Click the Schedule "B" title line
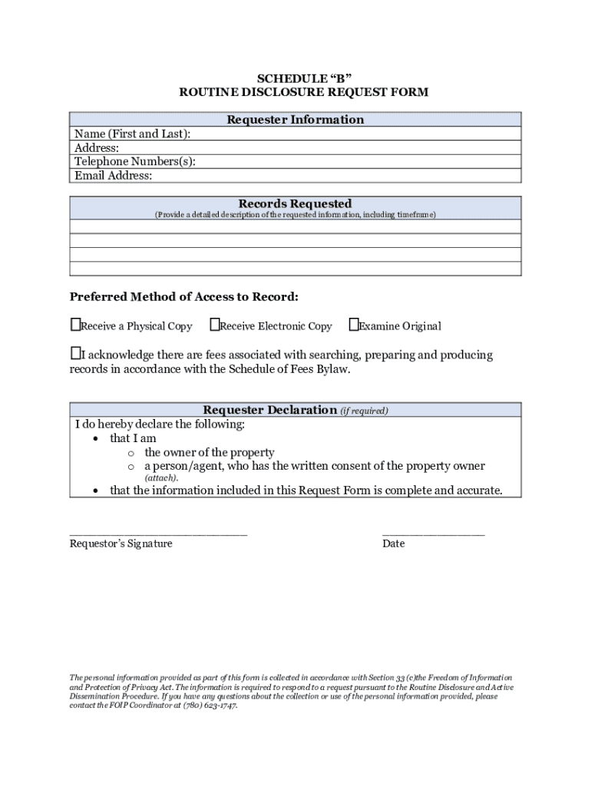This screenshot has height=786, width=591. pyautogui.click(x=295, y=78)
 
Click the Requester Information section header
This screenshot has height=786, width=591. pyautogui.click(x=295, y=120)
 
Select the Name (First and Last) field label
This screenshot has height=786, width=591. pyautogui.click(x=132, y=134)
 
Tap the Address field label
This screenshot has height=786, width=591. pyautogui.click(x=97, y=148)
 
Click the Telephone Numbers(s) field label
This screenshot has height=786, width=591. pyautogui.click(x=134, y=162)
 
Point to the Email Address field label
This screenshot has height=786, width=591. pyautogui.click(x=113, y=176)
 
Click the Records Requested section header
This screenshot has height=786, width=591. pyautogui.click(x=295, y=203)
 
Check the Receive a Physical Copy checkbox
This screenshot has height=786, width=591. pyautogui.click(x=75, y=325)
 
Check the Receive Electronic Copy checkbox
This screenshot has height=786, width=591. pyautogui.click(x=214, y=325)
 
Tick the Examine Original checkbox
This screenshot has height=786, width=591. pyautogui.click(x=353, y=325)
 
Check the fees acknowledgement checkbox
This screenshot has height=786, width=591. pyautogui.click(x=75, y=354)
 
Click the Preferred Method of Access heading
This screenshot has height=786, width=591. pyautogui.click(x=184, y=297)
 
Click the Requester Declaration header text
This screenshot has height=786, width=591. pyautogui.click(x=269, y=410)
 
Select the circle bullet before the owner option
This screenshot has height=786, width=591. pyautogui.click(x=131, y=453)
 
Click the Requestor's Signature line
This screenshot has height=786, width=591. pyautogui.click(x=158, y=532)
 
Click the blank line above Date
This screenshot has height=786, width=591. pyautogui.click(x=433, y=532)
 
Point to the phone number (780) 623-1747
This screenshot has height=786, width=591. pyautogui.click(x=209, y=705)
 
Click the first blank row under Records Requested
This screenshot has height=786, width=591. pyautogui.click(x=295, y=226)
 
